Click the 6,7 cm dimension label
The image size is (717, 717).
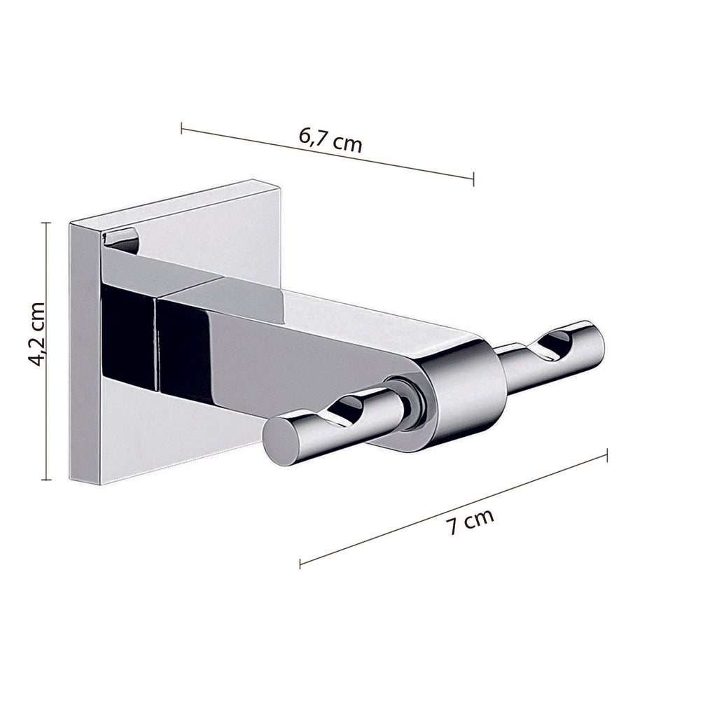(x=330, y=139)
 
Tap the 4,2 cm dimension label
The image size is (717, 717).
(x=37, y=334)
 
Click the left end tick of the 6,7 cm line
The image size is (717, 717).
(x=181, y=128)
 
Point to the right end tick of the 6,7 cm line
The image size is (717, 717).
(x=473, y=178)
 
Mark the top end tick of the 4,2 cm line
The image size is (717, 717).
(x=46, y=223)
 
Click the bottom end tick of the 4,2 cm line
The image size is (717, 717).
(x=46, y=480)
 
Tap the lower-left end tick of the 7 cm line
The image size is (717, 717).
(x=300, y=563)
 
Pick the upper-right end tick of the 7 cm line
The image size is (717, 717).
(x=606, y=455)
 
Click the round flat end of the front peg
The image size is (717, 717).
(x=282, y=443)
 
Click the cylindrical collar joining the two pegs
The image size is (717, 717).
(x=465, y=392)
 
